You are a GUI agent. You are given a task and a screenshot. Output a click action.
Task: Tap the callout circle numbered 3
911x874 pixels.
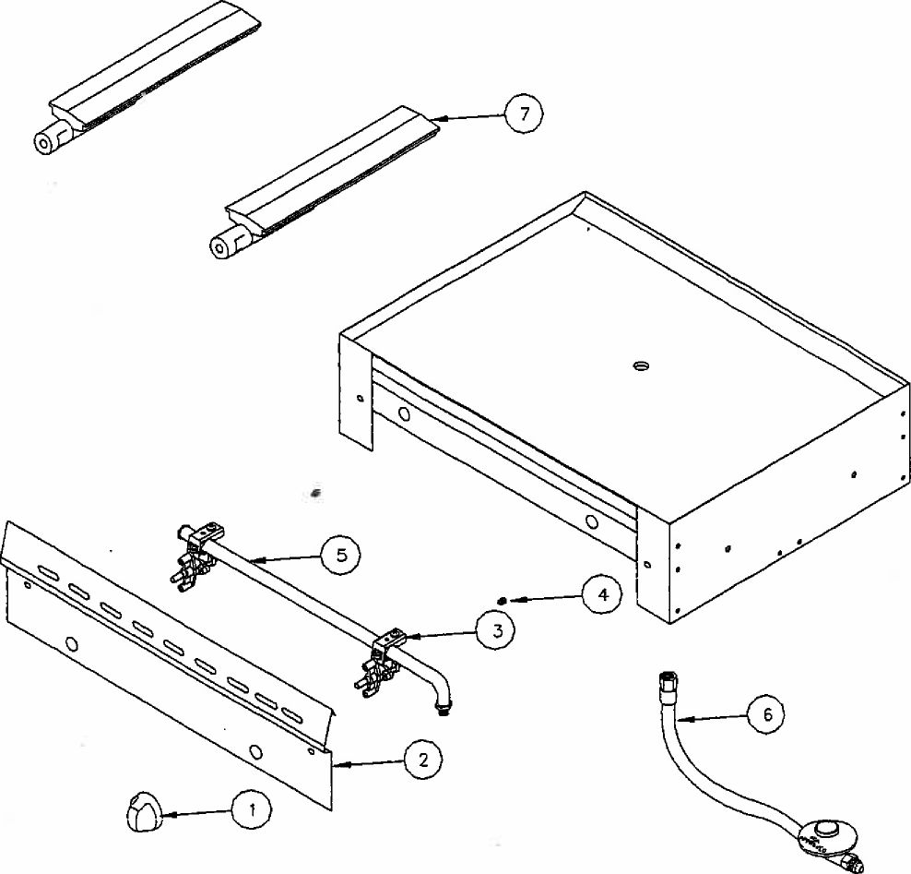[495, 632]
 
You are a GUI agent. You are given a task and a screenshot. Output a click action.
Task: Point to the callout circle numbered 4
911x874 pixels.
[601, 595]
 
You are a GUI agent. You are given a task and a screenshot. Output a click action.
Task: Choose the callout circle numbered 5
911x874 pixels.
[340, 555]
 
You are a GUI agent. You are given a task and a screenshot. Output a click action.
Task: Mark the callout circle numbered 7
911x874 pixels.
[524, 114]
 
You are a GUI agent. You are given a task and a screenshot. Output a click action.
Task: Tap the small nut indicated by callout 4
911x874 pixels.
[501, 601]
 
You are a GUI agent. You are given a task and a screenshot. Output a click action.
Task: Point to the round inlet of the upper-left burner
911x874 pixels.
[43, 142]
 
